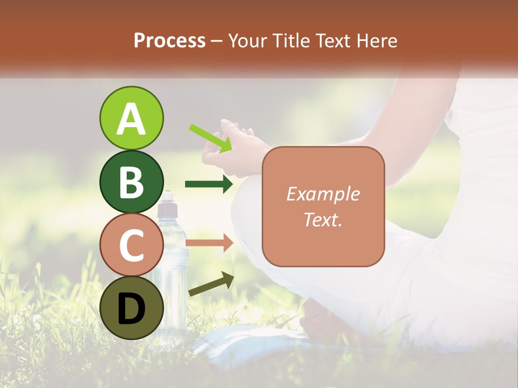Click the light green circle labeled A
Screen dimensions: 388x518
[131, 118]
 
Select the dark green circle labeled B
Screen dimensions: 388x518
[131, 182]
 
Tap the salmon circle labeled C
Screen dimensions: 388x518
[131, 245]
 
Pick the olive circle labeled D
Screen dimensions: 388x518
[131, 308]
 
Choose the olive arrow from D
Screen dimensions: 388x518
[211, 284]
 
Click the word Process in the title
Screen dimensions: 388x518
[169, 41]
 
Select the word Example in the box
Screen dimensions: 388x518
[323, 195]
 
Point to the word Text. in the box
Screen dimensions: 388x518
[323, 220]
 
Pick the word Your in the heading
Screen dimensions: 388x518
[248, 41]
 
